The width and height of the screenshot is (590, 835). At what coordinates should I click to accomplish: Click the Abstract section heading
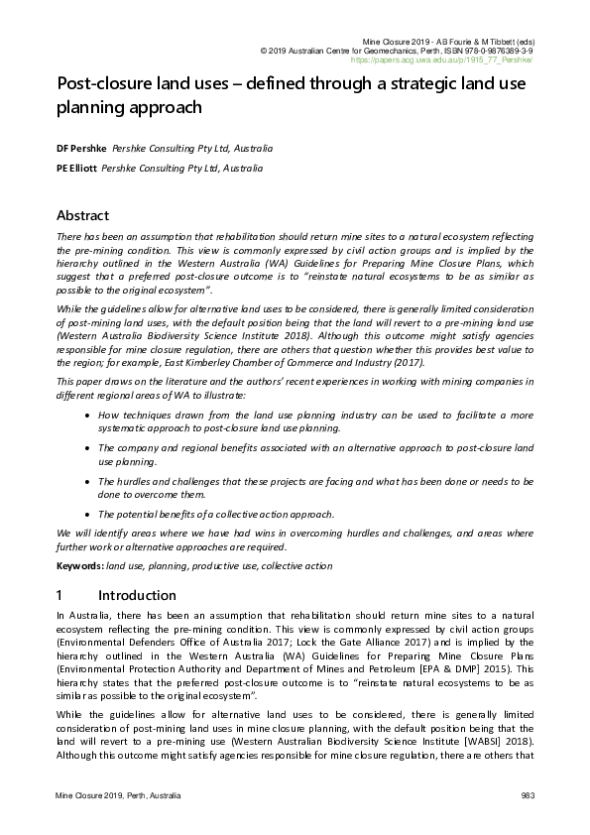pyautogui.click(x=82, y=215)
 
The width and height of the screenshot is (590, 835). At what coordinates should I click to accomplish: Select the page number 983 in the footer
pyautogui.click(x=527, y=797)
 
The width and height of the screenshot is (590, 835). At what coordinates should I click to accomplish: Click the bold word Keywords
pyautogui.click(x=78, y=565)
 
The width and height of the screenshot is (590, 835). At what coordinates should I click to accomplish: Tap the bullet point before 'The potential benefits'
pyautogui.click(x=90, y=514)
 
